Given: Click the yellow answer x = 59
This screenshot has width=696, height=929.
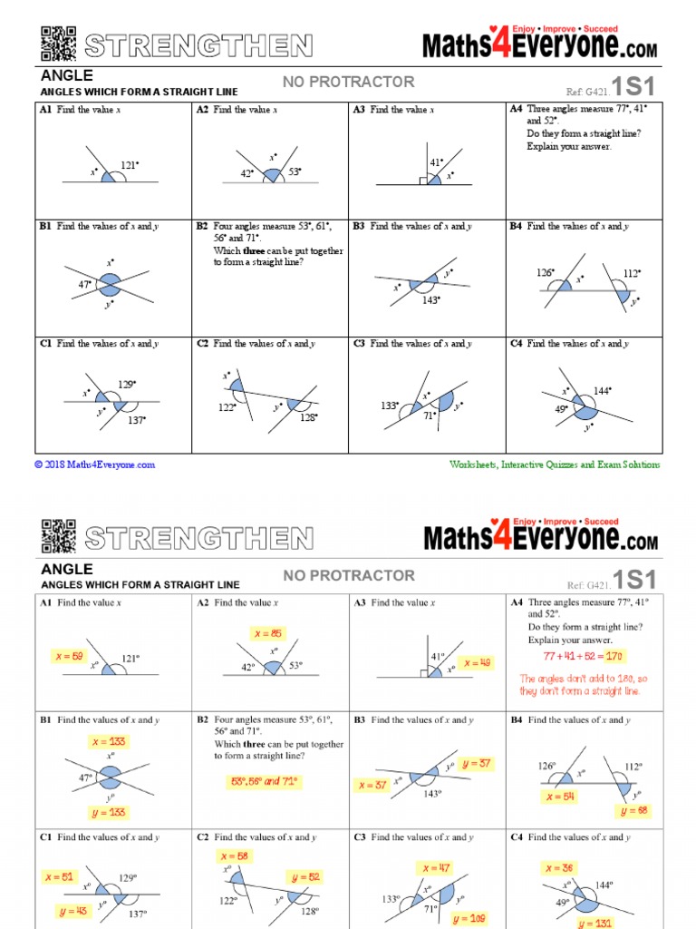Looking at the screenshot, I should (x=64, y=655).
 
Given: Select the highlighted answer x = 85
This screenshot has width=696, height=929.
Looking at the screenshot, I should (x=269, y=633).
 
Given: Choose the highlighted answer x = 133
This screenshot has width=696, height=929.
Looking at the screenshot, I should (x=110, y=741).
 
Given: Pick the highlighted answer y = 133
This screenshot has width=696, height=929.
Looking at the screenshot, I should (x=109, y=811).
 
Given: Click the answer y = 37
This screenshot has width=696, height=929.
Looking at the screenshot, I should (x=476, y=764).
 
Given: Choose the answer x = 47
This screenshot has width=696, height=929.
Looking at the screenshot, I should (x=436, y=868).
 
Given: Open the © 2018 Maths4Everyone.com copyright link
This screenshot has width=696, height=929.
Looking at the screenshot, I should (x=95, y=464).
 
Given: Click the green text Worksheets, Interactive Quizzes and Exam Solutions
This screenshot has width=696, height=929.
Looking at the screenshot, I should (x=555, y=464).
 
